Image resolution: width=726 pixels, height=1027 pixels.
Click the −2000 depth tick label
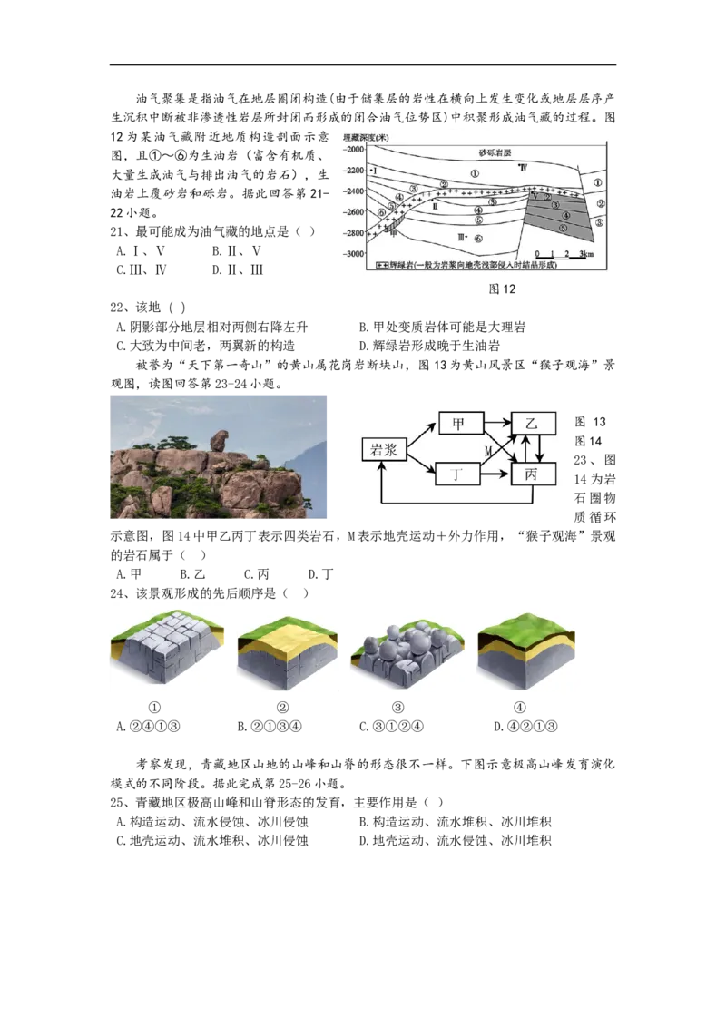pos(354,149)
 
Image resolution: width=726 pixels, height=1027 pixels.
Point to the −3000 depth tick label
pos(354,253)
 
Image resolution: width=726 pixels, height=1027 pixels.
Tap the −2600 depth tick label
pos(354,212)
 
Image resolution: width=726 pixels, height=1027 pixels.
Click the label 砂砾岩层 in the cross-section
pos(497,152)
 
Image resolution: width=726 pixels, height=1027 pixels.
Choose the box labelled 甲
pos(461,423)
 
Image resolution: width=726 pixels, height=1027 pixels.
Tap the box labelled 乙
pos(534,423)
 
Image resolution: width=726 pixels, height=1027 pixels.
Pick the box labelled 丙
pos(534,474)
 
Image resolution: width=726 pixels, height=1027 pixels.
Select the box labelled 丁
pos(461,474)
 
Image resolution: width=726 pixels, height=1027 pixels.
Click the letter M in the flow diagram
pos(488,450)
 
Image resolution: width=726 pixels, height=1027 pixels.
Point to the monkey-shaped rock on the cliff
pos(219,441)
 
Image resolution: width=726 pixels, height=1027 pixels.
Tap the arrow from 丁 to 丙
pos(498,474)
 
